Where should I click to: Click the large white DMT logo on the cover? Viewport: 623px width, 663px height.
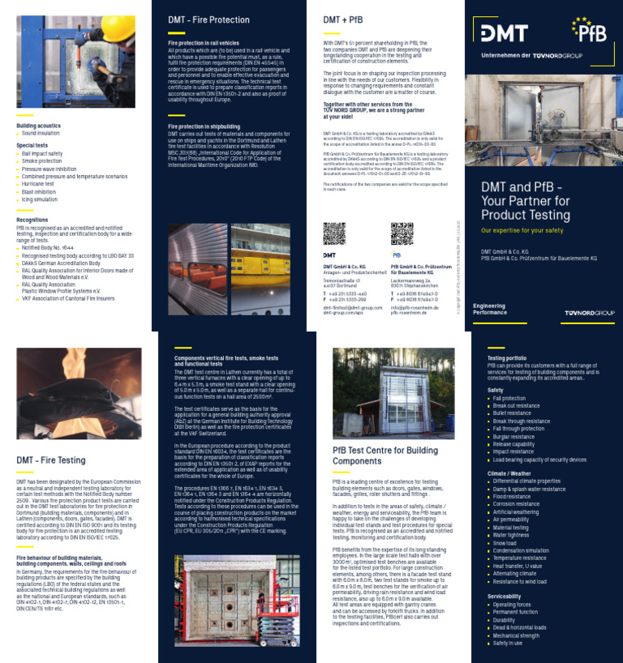pyautogui.click(x=504, y=33)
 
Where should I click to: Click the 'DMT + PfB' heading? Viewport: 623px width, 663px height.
pyautogui.click(x=342, y=19)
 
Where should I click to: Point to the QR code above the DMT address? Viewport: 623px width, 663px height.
pyautogui.click(x=334, y=233)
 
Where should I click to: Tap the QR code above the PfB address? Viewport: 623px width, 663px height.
pyautogui.click(x=402, y=233)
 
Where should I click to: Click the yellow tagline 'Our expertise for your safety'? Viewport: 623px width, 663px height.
pyautogui.click(x=522, y=230)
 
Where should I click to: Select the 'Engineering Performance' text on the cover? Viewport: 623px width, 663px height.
pyautogui.click(x=489, y=308)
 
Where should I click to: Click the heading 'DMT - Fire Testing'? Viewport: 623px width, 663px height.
pyautogui.click(x=50, y=460)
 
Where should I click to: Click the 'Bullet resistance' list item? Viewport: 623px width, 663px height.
pyautogui.click(x=516, y=413)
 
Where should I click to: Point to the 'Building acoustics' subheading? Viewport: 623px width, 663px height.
pyautogui.click(x=39, y=126)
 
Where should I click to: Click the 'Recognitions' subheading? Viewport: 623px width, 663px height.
pyautogui.click(x=32, y=220)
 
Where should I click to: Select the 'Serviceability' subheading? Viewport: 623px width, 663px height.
pyautogui.click(x=505, y=596)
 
